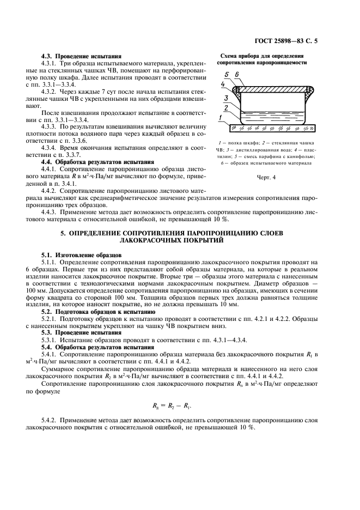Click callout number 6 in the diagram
237,74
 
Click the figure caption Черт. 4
266,177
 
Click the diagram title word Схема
231,56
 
